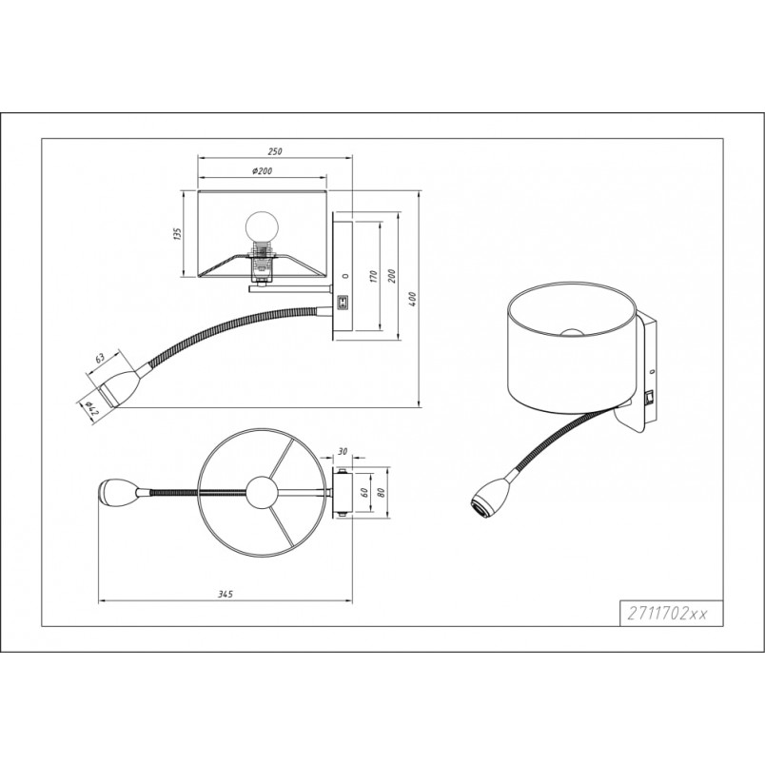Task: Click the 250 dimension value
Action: [275, 151]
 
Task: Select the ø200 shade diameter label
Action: [263, 170]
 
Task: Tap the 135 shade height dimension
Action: [178, 234]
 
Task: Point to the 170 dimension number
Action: [374, 276]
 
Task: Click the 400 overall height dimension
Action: [412, 299]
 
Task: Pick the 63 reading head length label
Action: [100, 358]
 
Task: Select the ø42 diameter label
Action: [91, 409]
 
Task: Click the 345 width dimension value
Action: [226, 594]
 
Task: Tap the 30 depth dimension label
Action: [343, 452]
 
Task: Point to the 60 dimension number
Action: [363, 492]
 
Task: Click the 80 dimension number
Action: [382, 492]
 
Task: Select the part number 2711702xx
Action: [667, 614]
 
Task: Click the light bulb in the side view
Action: [262, 226]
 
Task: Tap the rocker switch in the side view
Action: [343, 303]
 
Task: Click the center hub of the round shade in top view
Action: [262, 493]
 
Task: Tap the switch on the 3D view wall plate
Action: [648, 398]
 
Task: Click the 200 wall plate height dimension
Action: [392, 276]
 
